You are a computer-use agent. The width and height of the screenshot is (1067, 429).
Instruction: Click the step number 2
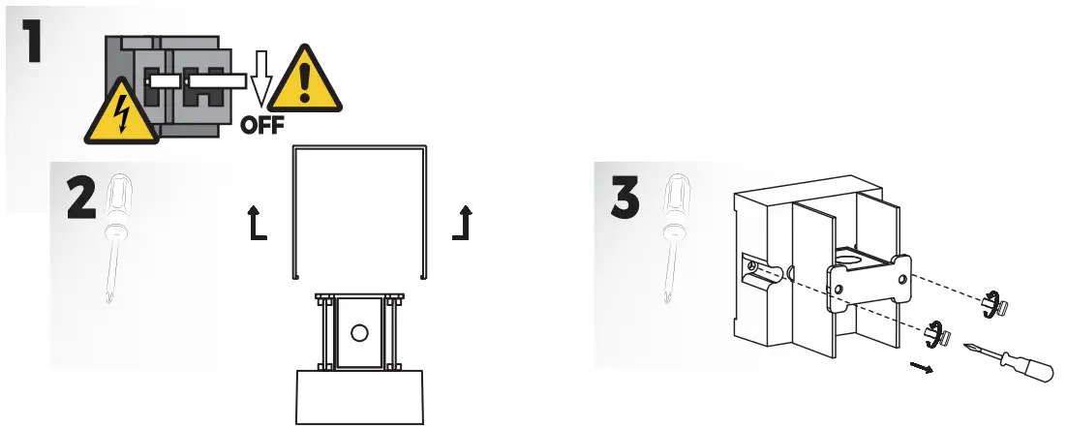(x=82, y=200)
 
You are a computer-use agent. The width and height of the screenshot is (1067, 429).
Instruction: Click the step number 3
(x=625, y=199)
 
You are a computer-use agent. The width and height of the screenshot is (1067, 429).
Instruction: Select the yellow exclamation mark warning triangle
(x=304, y=79)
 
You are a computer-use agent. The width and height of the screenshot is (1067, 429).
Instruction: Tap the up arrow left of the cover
(x=256, y=224)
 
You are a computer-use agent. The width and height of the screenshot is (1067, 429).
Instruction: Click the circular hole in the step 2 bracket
(x=360, y=332)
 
